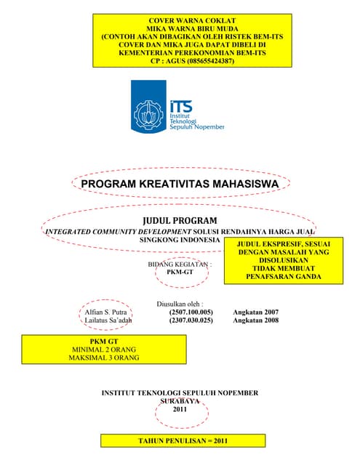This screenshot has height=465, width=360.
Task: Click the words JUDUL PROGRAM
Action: click(180, 219)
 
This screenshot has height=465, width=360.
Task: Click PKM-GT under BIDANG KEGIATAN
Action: click(180, 272)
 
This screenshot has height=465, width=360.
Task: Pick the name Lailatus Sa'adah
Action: click(111, 320)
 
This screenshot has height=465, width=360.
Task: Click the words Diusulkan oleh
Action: click(180, 304)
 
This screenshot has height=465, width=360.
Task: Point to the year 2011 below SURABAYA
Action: click(180, 410)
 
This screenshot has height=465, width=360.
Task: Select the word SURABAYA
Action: click(180, 401)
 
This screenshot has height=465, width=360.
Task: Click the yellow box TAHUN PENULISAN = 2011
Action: click(183, 441)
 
